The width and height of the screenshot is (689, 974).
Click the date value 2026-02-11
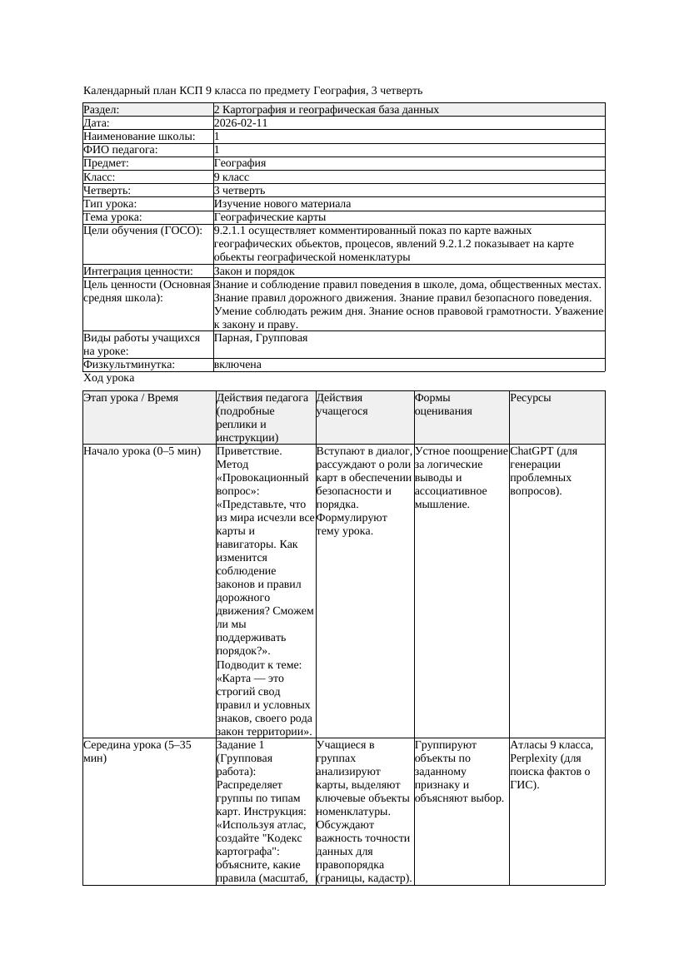click(241, 123)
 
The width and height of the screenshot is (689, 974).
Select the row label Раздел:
click(102, 110)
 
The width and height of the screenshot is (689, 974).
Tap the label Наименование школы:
click(140, 137)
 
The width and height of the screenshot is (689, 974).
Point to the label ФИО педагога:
click(122, 150)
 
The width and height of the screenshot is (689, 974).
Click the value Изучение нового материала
click(282, 203)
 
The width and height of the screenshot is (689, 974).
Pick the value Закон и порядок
click(254, 271)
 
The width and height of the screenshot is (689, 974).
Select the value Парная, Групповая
click(261, 338)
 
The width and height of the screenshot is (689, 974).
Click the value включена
click(237, 365)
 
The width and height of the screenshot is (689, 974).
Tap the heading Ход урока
click(108, 378)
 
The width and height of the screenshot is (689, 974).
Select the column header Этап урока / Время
click(131, 398)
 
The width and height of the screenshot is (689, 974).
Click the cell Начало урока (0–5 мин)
click(142, 451)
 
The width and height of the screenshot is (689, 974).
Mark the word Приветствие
click(249, 451)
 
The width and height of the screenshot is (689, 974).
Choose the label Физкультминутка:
click(129, 365)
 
